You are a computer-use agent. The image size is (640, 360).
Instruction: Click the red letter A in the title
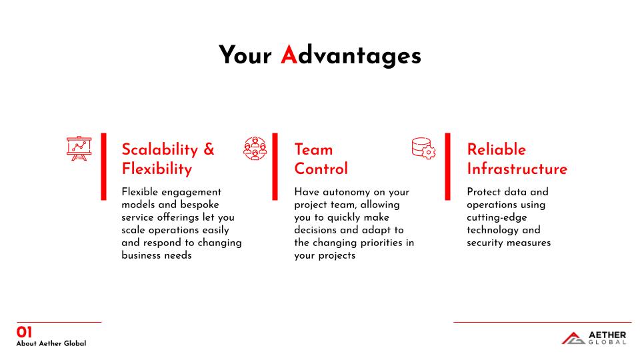[289, 55]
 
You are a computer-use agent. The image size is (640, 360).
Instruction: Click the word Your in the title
[245, 55]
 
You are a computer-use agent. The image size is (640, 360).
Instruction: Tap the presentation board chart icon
[79, 148]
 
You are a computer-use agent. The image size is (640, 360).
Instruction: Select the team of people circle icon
[255, 148]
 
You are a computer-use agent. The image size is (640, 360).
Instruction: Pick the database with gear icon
[424, 148]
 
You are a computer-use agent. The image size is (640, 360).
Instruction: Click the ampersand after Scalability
[209, 149]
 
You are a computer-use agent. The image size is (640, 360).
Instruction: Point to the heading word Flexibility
[157, 169]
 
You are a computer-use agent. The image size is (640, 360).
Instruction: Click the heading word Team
[313, 149]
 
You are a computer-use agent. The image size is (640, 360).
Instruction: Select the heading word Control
[321, 169]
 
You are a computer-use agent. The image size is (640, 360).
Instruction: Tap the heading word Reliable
[496, 149]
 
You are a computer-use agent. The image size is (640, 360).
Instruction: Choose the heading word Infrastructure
[517, 169]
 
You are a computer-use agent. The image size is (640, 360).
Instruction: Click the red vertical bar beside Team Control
[275, 167]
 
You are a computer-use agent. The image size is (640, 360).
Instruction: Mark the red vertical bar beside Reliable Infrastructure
[448, 167]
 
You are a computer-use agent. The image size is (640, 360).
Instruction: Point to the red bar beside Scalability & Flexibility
[104, 167]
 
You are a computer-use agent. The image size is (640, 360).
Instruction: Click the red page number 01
[24, 332]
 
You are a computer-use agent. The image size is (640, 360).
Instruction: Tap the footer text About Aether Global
[51, 343]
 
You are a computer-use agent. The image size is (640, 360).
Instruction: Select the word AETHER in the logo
[607, 335]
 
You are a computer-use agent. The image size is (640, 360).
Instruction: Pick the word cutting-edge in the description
[497, 217]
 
